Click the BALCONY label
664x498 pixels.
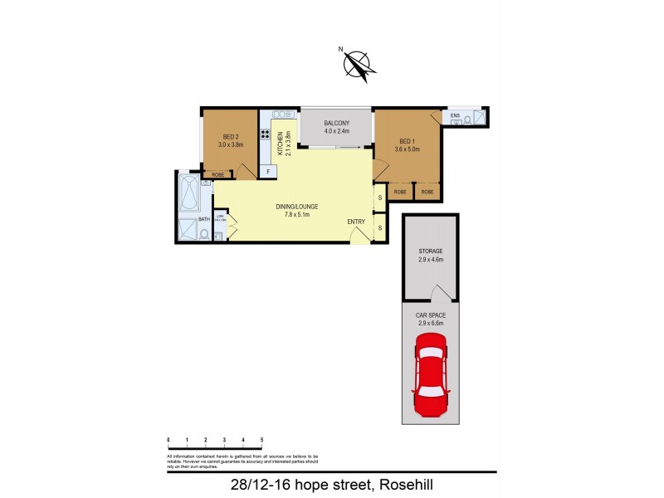click(336, 124)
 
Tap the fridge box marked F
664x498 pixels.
click(266, 172)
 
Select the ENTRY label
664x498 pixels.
click(356, 222)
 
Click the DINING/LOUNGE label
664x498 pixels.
click(297, 207)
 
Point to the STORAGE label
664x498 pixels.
click(430, 251)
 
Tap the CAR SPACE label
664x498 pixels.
click(430, 315)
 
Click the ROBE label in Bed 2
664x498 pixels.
click(218, 174)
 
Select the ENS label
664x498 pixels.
click(454, 114)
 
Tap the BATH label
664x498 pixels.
click(203, 219)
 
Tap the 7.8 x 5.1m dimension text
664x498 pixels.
click(297, 216)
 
